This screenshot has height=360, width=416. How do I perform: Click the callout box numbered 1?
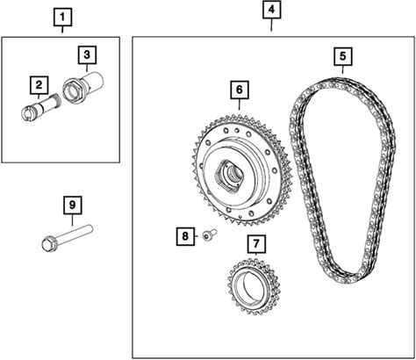pos(62,18)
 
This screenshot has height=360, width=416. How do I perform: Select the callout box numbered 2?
pos(39,85)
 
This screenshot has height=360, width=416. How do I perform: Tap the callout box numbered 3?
pos(87,54)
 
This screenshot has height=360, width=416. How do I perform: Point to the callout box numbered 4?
pos(271,10)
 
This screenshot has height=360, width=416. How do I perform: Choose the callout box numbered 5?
pos(343,56)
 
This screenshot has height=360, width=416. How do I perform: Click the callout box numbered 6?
pos(240,90)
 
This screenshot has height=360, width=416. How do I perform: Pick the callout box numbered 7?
pos(256,244)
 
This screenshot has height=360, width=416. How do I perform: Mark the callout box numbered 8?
pos(185,236)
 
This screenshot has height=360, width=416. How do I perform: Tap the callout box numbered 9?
pos(73,205)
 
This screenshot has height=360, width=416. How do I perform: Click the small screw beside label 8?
pos(210,234)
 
